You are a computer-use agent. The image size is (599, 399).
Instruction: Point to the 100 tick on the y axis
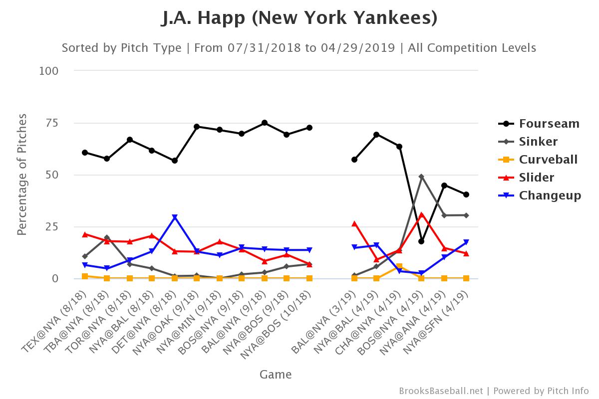pos(49,71)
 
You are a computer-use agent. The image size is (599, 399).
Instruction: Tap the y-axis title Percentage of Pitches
pos(22,175)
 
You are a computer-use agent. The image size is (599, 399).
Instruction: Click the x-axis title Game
pos(276,374)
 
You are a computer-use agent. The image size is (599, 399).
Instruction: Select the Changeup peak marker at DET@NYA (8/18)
pos(175,217)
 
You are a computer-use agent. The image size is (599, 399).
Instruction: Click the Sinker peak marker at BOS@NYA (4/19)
pos(421,177)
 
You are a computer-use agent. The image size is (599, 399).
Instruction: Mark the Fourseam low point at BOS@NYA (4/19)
pos(421,241)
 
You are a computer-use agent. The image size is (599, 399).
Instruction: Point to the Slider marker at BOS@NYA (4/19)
pos(421,215)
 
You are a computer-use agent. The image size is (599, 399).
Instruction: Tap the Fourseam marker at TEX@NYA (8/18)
pos(85,153)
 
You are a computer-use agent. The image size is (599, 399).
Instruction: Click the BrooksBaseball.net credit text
pos(441,391)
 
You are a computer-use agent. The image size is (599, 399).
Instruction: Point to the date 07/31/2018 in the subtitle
pos(264,48)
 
